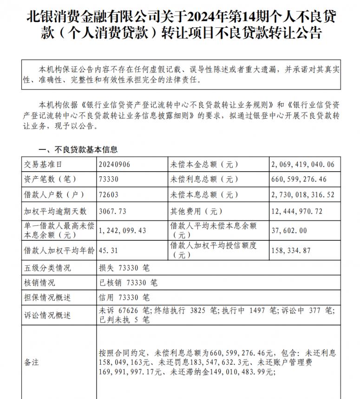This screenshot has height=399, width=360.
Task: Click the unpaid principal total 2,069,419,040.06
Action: pos(302,165)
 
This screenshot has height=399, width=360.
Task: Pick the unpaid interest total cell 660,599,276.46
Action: pos(299,180)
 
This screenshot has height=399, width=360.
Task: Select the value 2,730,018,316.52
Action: pos(302,195)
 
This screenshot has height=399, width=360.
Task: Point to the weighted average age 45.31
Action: pos(108,251)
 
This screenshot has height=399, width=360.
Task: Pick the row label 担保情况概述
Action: pos(46,298)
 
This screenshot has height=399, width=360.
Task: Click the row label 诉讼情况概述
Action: pos(46,315)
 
